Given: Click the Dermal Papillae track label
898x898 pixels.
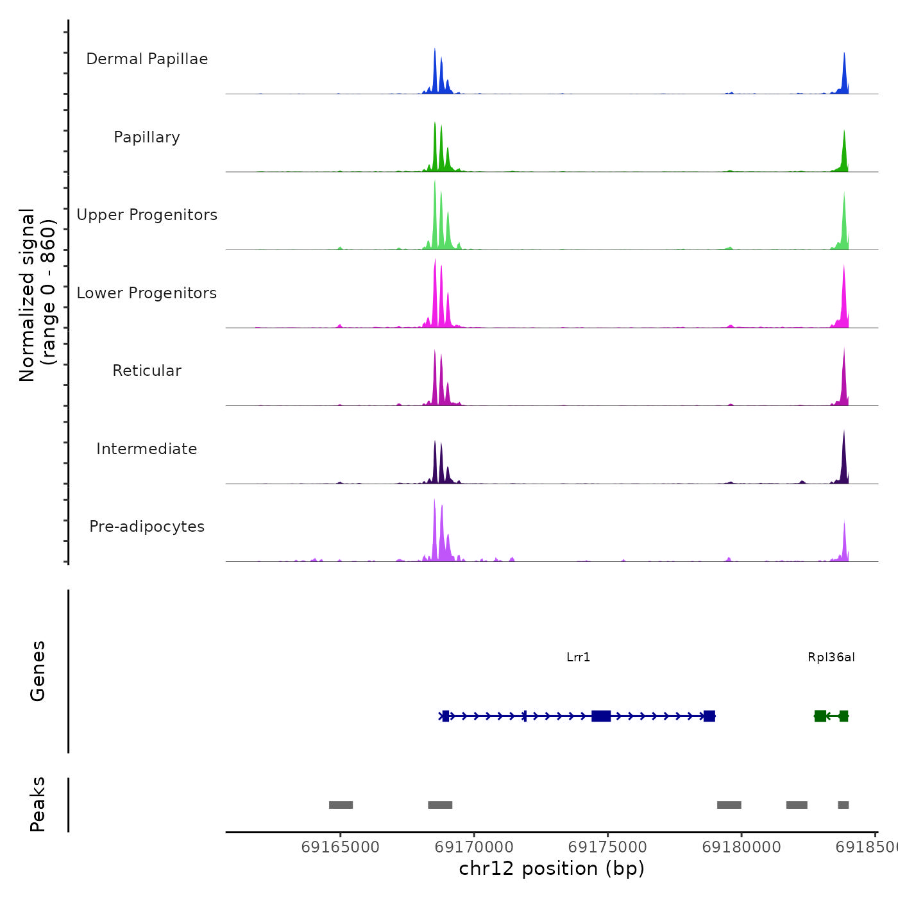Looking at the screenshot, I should (147, 59).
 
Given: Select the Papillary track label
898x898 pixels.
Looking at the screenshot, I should (147, 137).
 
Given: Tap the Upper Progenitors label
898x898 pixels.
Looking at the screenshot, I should (147, 215).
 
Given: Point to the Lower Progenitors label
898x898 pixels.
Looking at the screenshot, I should (147, 293).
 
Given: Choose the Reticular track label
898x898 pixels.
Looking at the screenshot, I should (147, 371).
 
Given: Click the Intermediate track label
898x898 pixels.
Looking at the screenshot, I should (147, 449).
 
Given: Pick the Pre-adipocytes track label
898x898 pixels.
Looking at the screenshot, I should (147, 527).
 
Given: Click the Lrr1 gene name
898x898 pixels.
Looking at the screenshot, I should (578, 657).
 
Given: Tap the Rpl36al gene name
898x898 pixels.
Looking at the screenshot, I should (831, 657).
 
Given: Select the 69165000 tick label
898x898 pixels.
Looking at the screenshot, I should (340, 847).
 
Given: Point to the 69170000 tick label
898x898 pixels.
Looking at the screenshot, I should (474, 847).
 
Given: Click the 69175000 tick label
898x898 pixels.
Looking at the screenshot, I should (607, 847).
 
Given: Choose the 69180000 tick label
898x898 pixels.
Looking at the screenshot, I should (741, 847).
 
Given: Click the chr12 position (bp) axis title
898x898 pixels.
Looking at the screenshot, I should (552, 868).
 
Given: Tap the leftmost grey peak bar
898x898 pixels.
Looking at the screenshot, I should (341, 805).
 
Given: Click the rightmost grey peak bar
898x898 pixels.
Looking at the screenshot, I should (843, 805).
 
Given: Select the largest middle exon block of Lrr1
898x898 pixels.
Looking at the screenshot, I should (601, 716).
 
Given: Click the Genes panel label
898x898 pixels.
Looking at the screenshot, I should (38, 671).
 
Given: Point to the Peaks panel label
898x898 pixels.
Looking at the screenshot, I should (38, 804).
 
